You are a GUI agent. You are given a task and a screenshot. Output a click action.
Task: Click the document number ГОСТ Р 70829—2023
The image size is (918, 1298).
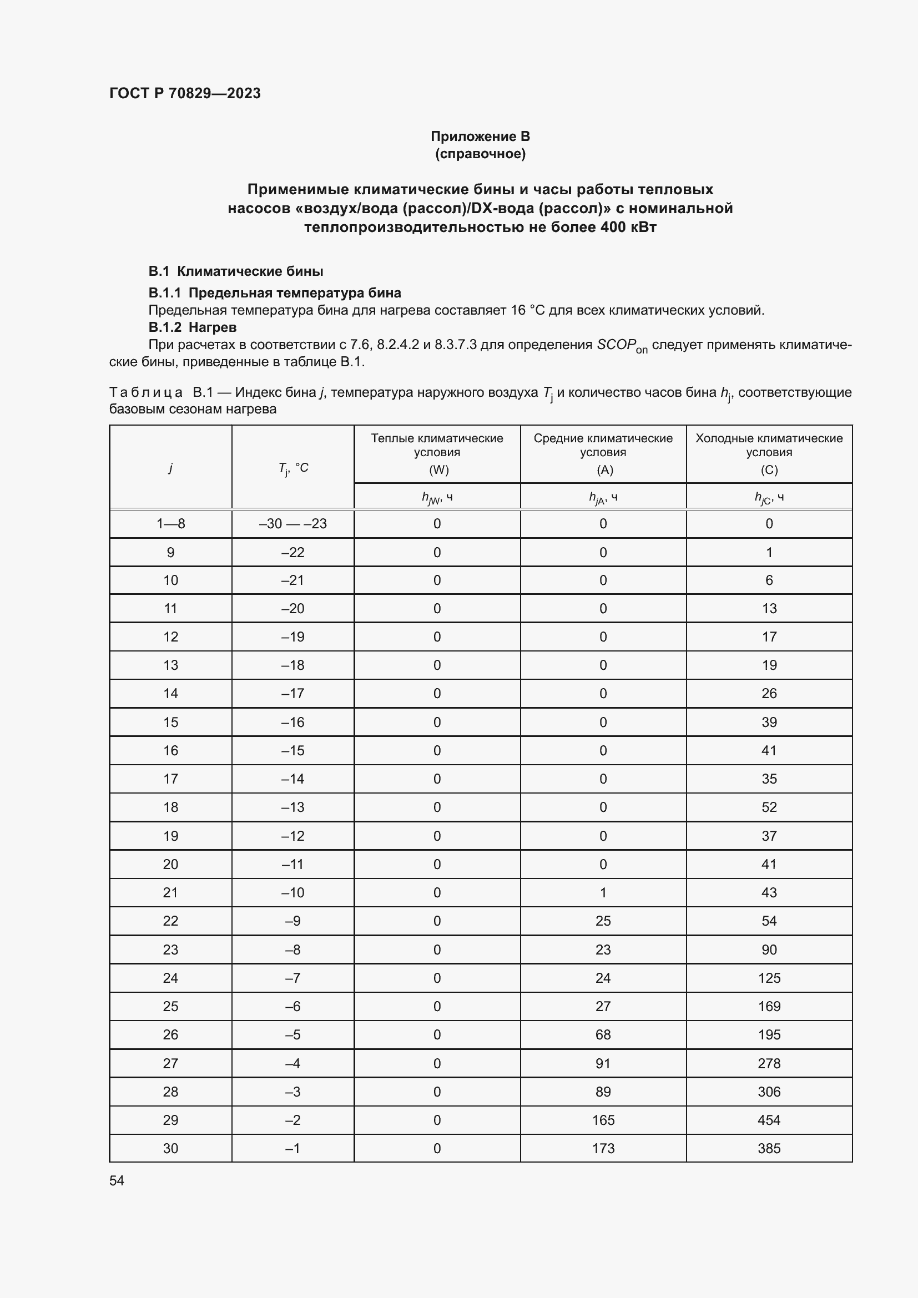pyautogui.click(x=185, y=93)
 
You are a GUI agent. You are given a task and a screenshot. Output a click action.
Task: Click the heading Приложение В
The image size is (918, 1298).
pyautogui.click(x=480, y=137)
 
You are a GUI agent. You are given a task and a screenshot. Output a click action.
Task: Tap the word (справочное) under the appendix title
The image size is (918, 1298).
pyautogui.click(x=480, y=154)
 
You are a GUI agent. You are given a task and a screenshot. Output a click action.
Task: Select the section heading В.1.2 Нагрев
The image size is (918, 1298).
pyautogui.click(x=192, y=327)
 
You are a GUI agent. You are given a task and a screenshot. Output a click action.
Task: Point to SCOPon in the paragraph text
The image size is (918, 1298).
pyautogui.click(x=621, y=345)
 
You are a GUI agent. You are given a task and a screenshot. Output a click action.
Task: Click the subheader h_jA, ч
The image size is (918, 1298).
pyautogui.click(x=603, y=497)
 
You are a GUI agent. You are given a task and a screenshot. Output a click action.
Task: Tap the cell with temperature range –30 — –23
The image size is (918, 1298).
pyautogui.click(x=293, y=523)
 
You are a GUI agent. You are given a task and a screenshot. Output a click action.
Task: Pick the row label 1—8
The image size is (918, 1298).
pyautogui.click(x=171, y=523)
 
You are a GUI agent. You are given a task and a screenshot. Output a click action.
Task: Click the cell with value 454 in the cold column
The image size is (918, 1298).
pyautogui.click(x=769, y=1120)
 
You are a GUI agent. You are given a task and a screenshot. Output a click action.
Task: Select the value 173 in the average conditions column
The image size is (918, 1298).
pyautogui.click(x=603, y=1148)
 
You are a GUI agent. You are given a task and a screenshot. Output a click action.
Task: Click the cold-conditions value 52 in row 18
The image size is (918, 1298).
pyautogui.click(x=769, y=807)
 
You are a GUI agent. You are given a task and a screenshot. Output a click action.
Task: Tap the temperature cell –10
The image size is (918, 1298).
pyautogui.click(x=293, y=893)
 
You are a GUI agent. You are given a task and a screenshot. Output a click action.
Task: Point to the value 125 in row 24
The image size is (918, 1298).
pyautogui.click(x=769, y=978)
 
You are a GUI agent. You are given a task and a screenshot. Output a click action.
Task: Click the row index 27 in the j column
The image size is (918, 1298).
pyautogui.click(x=171, y=1063)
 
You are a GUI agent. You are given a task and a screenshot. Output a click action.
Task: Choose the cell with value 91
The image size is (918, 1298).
pyautogui.click(x=603, y=1063)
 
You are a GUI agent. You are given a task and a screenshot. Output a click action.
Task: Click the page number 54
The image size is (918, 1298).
pyautogui.click(x=117, y=1180)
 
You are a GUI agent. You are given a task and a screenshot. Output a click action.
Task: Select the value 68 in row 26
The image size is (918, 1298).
pyautogui.click(x=603, y=1034)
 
